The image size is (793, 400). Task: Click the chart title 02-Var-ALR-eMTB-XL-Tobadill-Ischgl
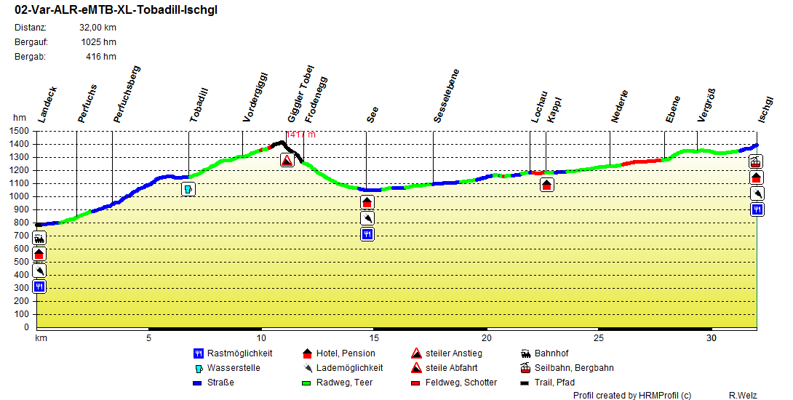coord(116,10)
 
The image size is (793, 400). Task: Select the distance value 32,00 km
coord(97,28)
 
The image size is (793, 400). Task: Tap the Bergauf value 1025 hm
coord(98,41)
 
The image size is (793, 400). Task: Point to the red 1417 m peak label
coord(300,135)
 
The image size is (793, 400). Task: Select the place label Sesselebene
coord(446,95)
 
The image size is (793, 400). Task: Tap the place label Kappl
coord(554,108)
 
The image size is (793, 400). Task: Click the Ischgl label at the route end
coord(765,108)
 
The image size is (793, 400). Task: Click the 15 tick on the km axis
coord(374,338)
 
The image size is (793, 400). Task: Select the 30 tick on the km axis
coord(711,338)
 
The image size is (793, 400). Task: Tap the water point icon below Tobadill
coord(188,189)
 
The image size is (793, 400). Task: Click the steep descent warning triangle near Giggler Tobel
coord(287,161)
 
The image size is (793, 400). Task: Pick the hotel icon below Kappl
coord(547,185)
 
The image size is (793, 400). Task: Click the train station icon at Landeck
coord(39,238)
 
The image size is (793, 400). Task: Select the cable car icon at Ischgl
coord(757,161)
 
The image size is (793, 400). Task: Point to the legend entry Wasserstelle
coord(234,368)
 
